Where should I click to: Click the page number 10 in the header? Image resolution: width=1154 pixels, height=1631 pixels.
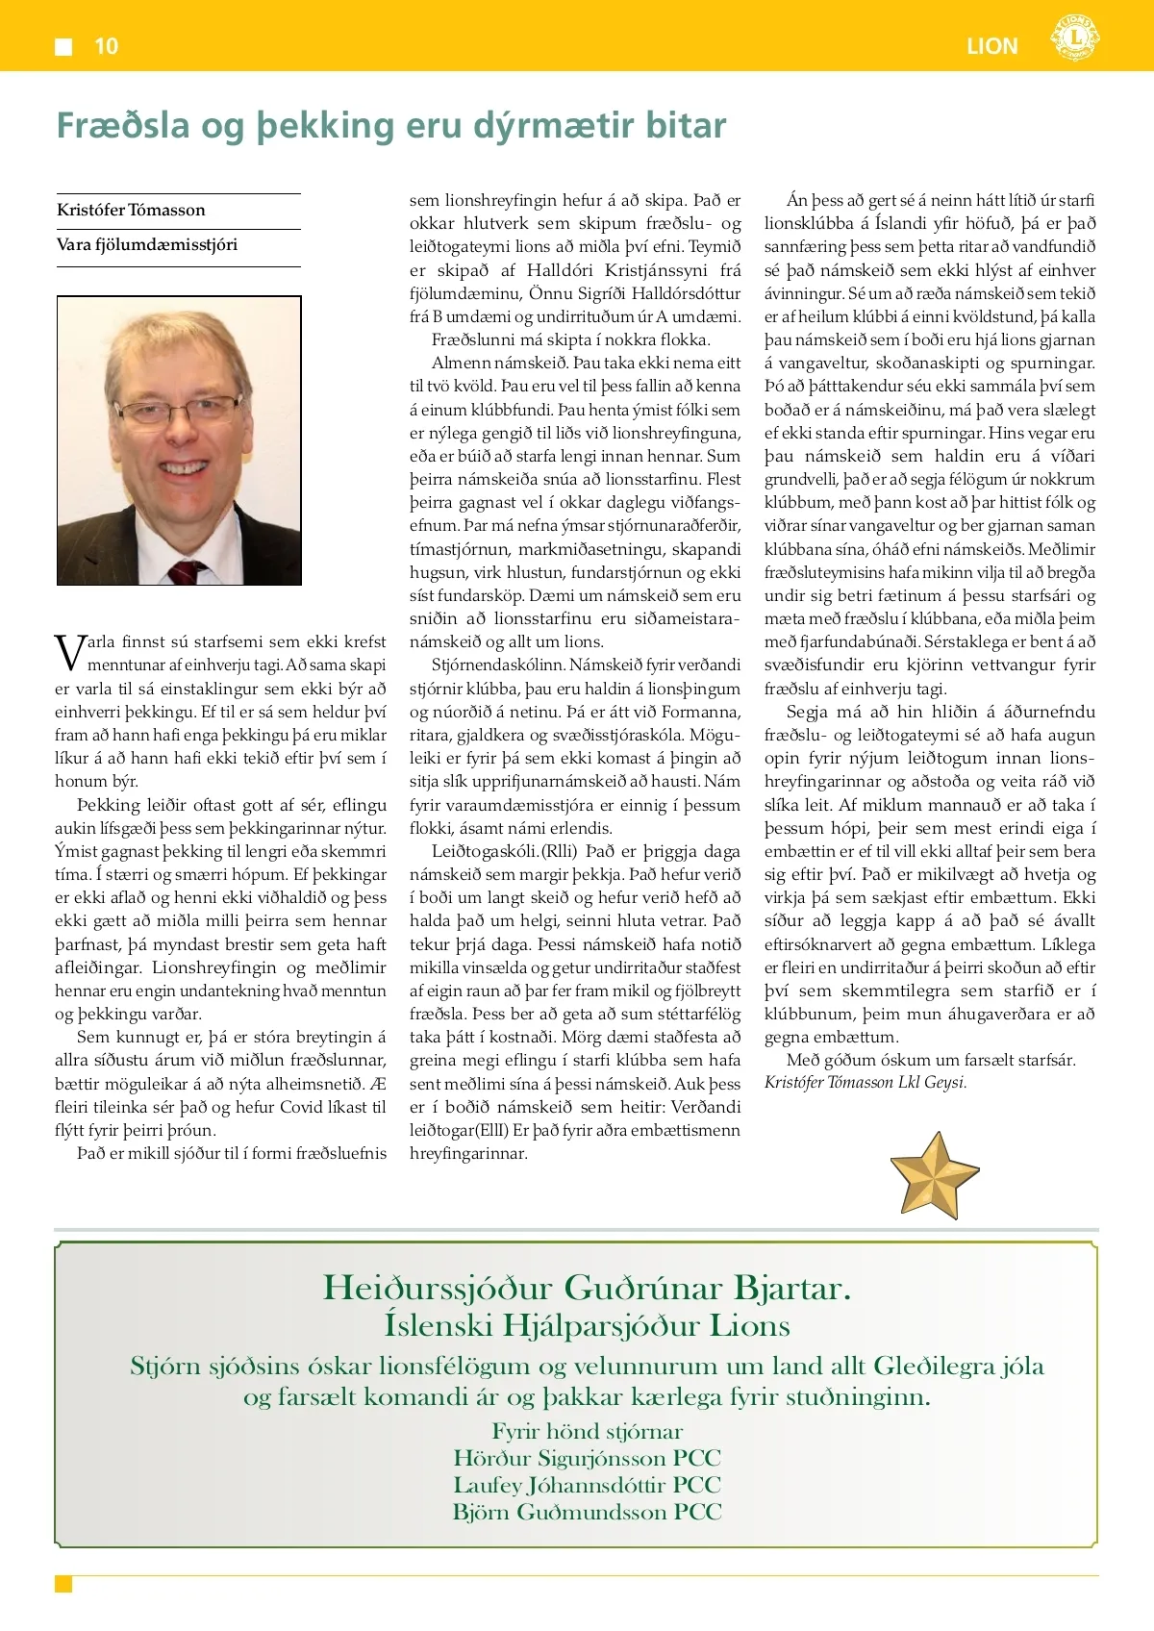[106, 46]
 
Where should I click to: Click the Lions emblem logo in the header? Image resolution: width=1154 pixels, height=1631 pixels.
[1074, 39]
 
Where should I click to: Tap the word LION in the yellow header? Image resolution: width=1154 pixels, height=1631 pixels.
[991, 46]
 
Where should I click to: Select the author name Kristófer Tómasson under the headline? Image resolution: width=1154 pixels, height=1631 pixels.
[131, 210]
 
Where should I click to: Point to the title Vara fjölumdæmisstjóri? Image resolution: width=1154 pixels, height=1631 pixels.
[147, 244]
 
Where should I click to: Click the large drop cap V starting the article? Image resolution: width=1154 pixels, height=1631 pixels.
[69, 652]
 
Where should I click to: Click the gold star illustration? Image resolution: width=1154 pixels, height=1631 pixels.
[934, 1174]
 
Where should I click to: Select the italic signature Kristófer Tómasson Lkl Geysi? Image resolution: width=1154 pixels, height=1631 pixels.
[865, 1082]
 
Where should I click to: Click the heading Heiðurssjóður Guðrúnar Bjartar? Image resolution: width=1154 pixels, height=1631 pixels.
[587, 1287]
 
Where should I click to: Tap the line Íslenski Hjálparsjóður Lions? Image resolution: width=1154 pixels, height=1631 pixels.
[587, 1325]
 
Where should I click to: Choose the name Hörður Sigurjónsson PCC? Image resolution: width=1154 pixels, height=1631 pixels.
[587, 1458]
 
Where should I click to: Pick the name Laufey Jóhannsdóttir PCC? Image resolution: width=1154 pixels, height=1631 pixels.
[587, 1485]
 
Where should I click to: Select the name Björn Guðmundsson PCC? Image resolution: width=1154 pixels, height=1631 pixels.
[587, 1512]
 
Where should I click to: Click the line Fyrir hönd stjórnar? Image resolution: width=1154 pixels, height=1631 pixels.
[587, 1431]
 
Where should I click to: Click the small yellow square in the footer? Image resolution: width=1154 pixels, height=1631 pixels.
[63, 1584]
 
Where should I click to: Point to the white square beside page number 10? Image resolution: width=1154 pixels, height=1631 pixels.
[64, 46]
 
